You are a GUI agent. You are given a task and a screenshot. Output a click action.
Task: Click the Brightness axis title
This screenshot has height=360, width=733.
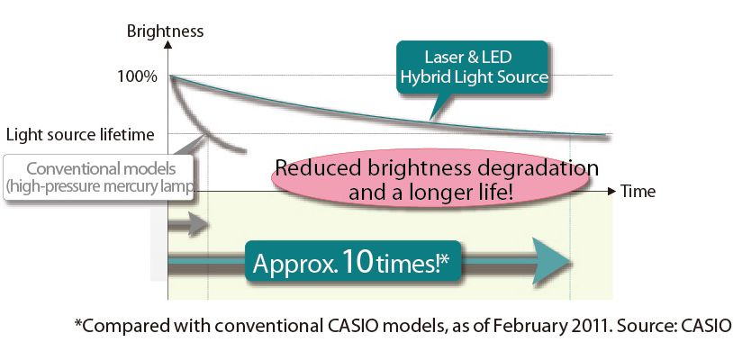click(x=165, y=31)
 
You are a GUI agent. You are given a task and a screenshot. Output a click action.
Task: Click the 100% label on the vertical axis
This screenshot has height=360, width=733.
click(x=137, y=76)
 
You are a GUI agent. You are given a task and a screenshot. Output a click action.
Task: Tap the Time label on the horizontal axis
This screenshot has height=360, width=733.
click(x=638, y=192)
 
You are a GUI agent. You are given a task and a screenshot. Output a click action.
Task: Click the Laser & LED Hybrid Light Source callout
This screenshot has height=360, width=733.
click(x=474, y=67)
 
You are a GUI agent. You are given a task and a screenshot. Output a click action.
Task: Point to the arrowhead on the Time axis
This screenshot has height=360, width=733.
click(x=612, y=192)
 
